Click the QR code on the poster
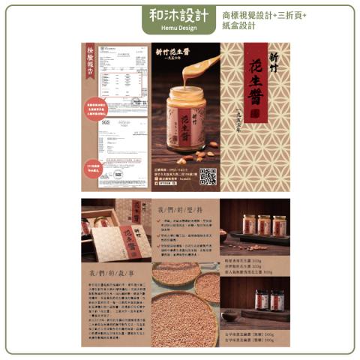click(x=208, y=176)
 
